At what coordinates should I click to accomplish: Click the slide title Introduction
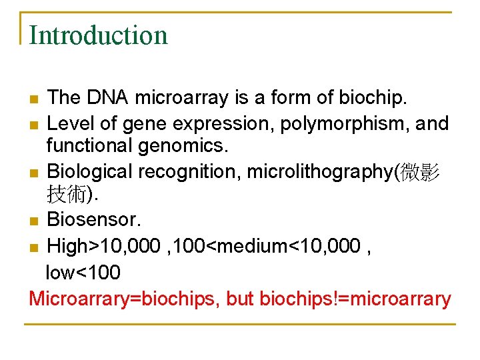pos(99,35)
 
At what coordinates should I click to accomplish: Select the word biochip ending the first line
pos(370,98)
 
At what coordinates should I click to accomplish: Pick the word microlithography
pos(321,171)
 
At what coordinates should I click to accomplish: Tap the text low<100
pos(82,272)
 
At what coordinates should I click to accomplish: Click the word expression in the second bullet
pos(224,123)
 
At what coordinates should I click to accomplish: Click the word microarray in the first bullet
pos(181,98)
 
